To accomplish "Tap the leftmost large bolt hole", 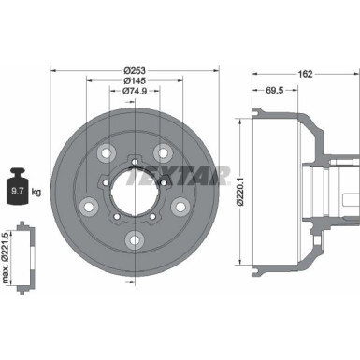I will [x=91, y=206].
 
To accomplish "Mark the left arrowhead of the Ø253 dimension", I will [x=53, y=72].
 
